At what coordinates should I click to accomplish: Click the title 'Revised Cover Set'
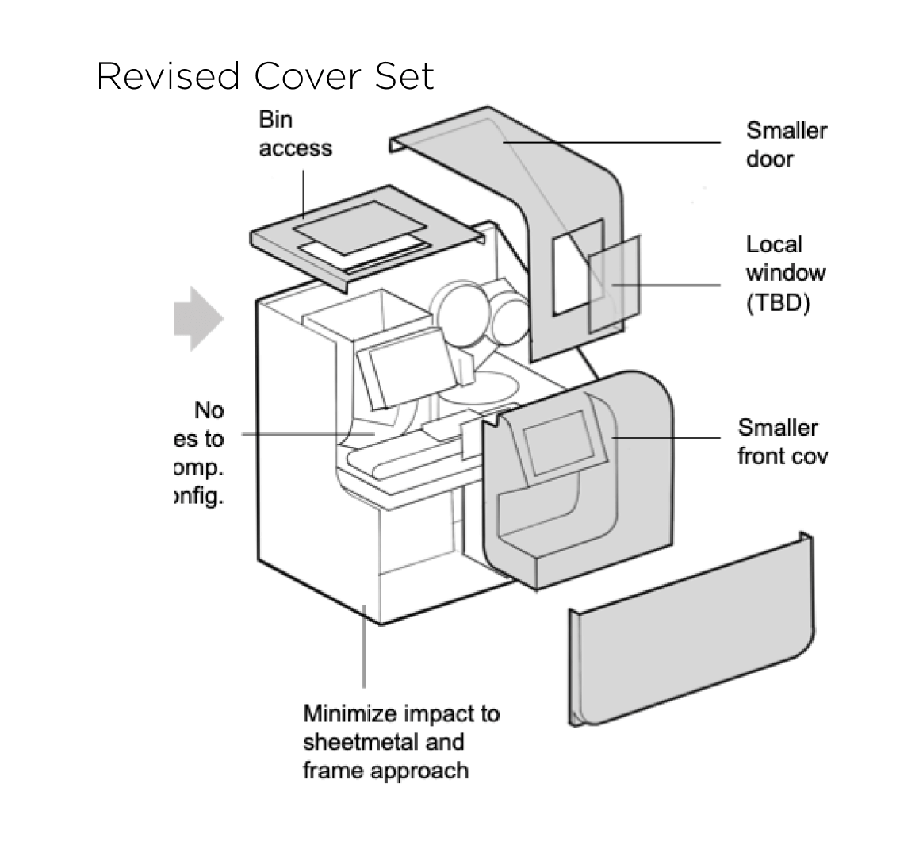pos(265,77)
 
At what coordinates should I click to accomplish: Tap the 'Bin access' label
pos(294,134)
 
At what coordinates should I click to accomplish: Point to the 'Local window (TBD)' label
pos(785,274)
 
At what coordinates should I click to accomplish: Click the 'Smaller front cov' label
pos(782,442)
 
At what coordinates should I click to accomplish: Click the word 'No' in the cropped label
pos(209,410)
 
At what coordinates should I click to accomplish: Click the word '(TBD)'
pos(777,303)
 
